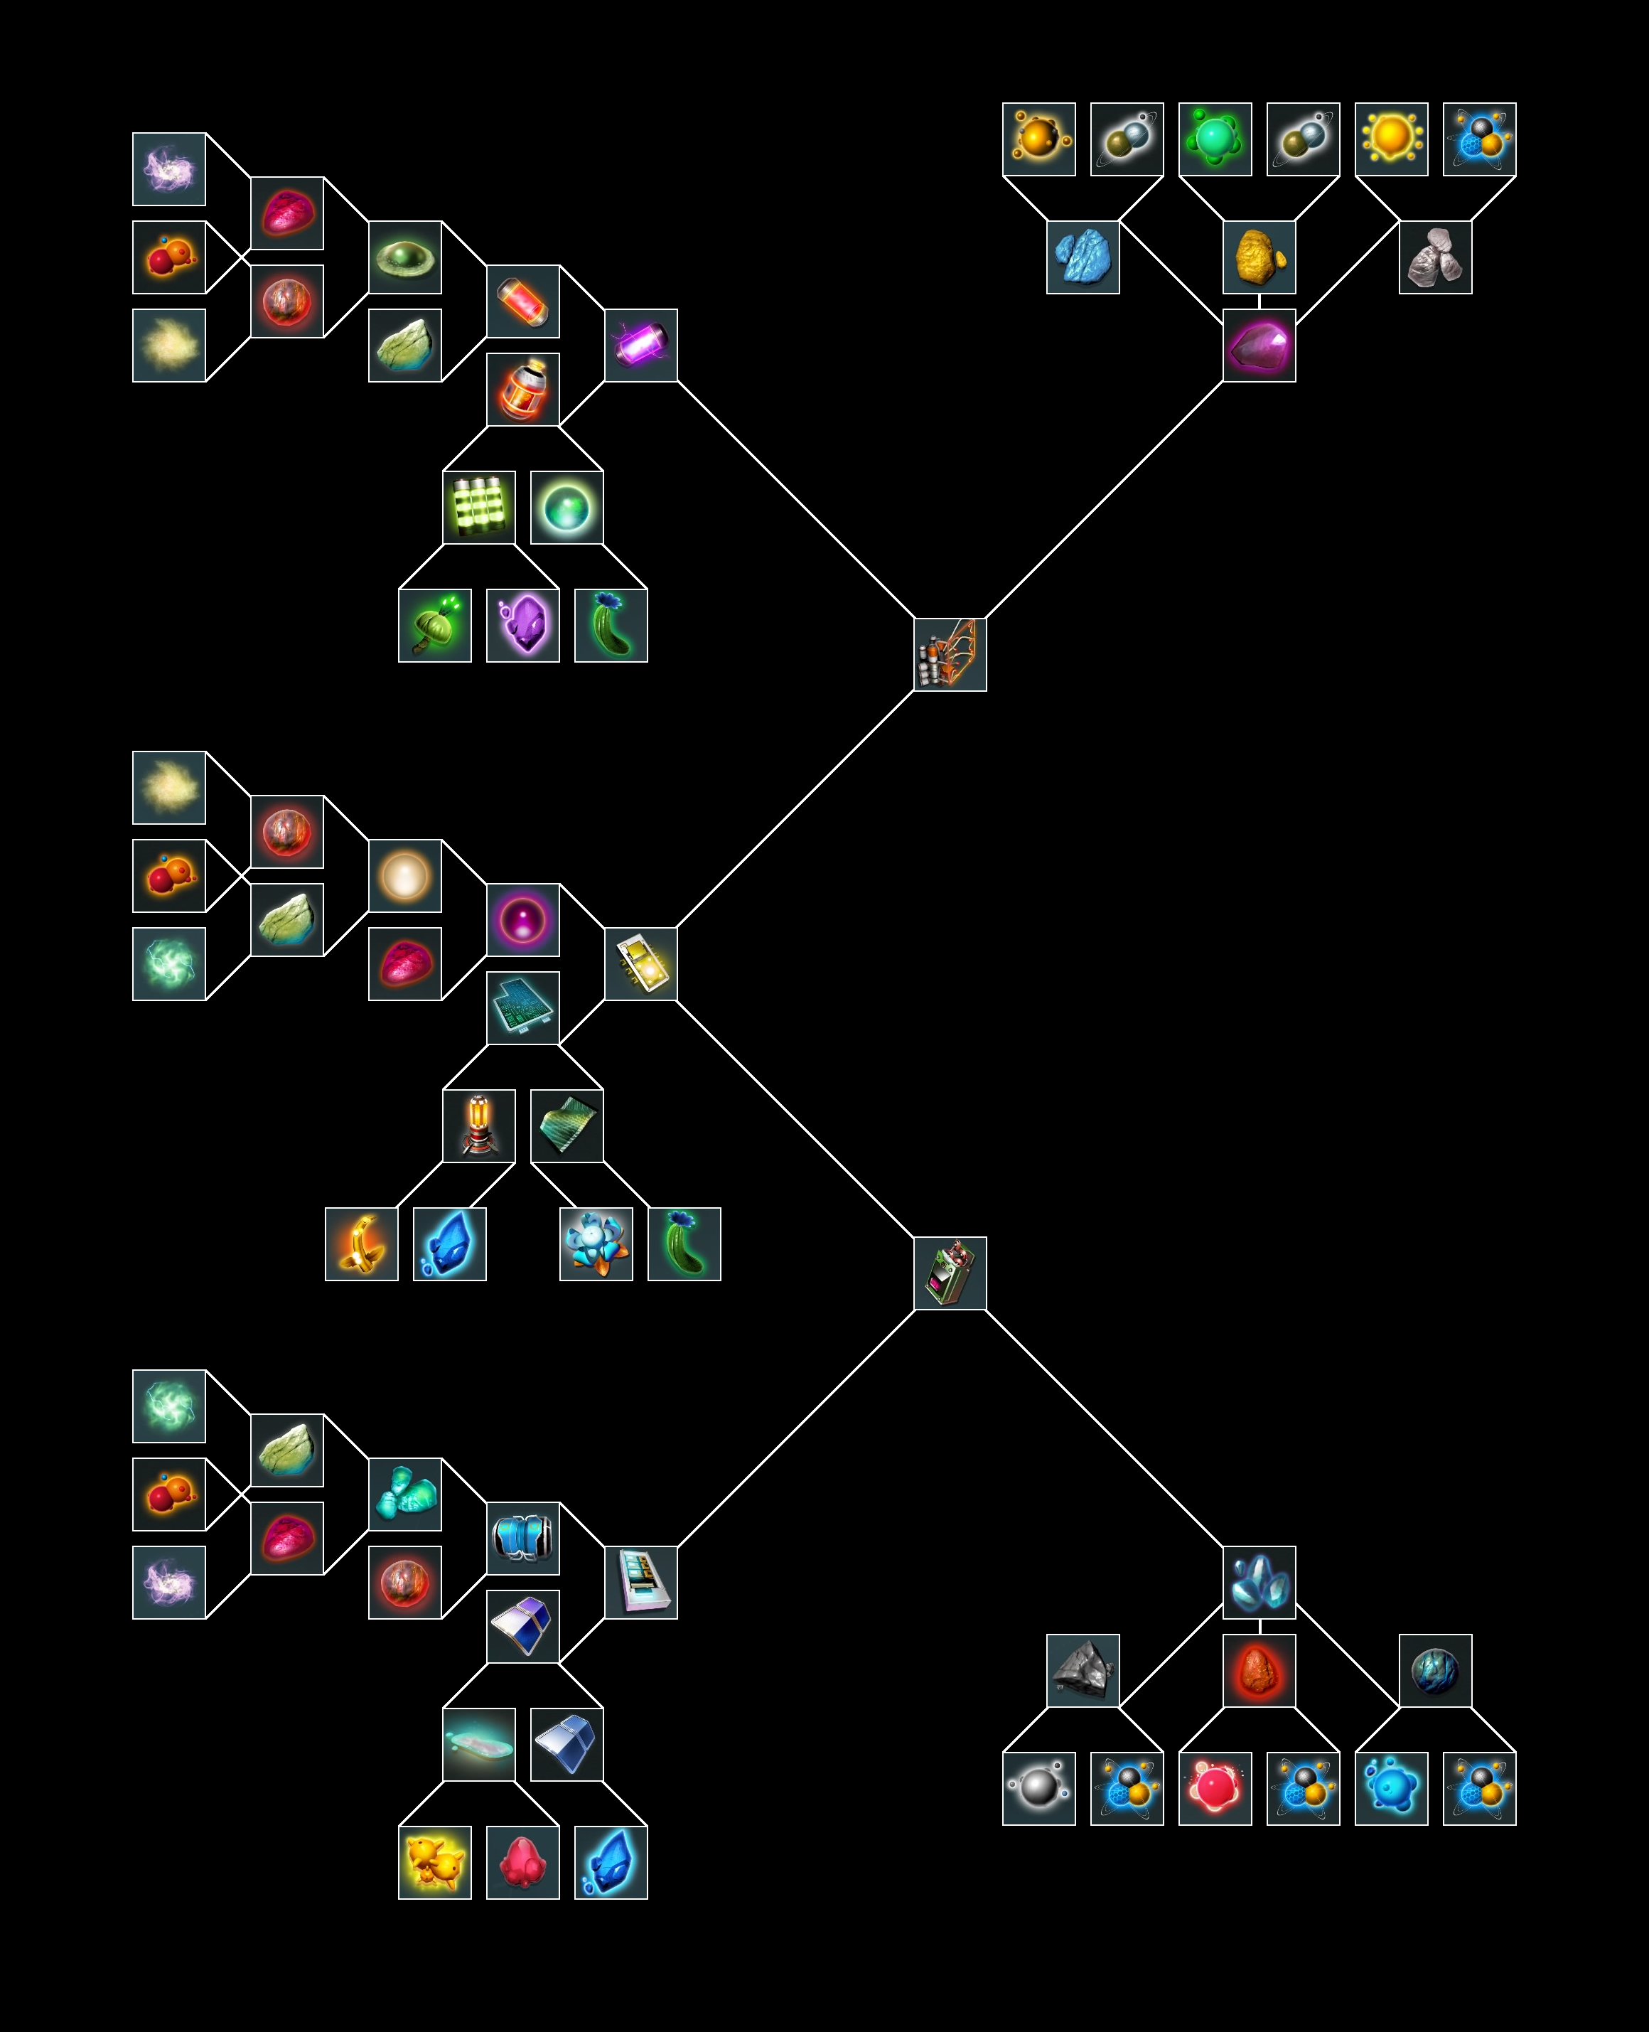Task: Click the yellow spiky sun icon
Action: click(x=1390, y=139)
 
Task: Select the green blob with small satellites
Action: click(x=1214, y=139)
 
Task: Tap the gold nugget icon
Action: click(x=1259, y=257)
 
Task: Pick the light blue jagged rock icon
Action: click(x=1083, y=257)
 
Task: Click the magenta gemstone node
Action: click(x=1259, y=345)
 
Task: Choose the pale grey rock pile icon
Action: click(x=1435, y=257)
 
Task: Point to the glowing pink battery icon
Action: click(x=641, y=345)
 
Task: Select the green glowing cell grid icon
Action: click(x=479, y=507)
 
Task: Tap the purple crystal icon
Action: click(x=522, y=625)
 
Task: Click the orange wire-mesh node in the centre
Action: click(x=950, y=655)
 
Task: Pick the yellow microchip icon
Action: click(x=641, y=963)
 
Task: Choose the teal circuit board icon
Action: click(x=522, y=1007)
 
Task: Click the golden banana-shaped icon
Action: click(x=361, y=1244)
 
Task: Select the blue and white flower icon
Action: click(x=596, y=1244)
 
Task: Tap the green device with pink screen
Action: click(x=950, y=1273)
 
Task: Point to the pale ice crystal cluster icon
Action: click(x=1259, y=1582)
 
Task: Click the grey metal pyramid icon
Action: click(x=1083, y=1670)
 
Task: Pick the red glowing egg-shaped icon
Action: click(x=1259, y=1670)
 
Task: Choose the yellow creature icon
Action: click(x=434, y=1862)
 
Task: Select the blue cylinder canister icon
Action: click(x=522, y=1538)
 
